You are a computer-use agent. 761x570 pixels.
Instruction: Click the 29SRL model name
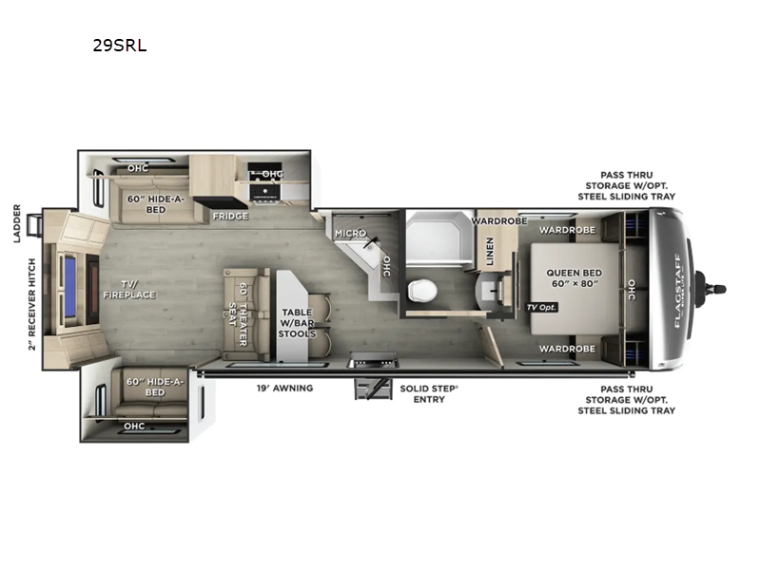120,45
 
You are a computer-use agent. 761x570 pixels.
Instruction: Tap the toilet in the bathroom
422,291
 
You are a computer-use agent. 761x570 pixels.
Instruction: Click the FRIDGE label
230,217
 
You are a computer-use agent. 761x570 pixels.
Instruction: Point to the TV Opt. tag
541,307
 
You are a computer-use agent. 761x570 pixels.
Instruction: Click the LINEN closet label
490,251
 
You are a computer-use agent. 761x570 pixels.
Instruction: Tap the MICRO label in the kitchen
350,234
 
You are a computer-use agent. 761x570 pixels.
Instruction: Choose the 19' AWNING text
284,389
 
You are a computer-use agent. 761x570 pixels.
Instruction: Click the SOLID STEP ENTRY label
429,394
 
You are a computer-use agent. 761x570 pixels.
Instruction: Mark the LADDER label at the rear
17,223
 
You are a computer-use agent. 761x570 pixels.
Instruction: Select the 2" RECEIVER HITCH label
32,304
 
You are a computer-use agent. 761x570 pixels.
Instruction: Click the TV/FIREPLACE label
129,290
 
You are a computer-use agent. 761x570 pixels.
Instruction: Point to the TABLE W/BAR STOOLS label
297,323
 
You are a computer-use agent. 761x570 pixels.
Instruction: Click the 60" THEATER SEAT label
238,314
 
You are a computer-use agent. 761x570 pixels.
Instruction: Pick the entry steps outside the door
373,389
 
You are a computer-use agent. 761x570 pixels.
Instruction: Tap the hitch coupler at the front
710,290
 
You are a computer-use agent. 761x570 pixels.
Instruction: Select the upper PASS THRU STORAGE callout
626,185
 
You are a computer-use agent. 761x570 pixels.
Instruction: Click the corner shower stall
439,237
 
